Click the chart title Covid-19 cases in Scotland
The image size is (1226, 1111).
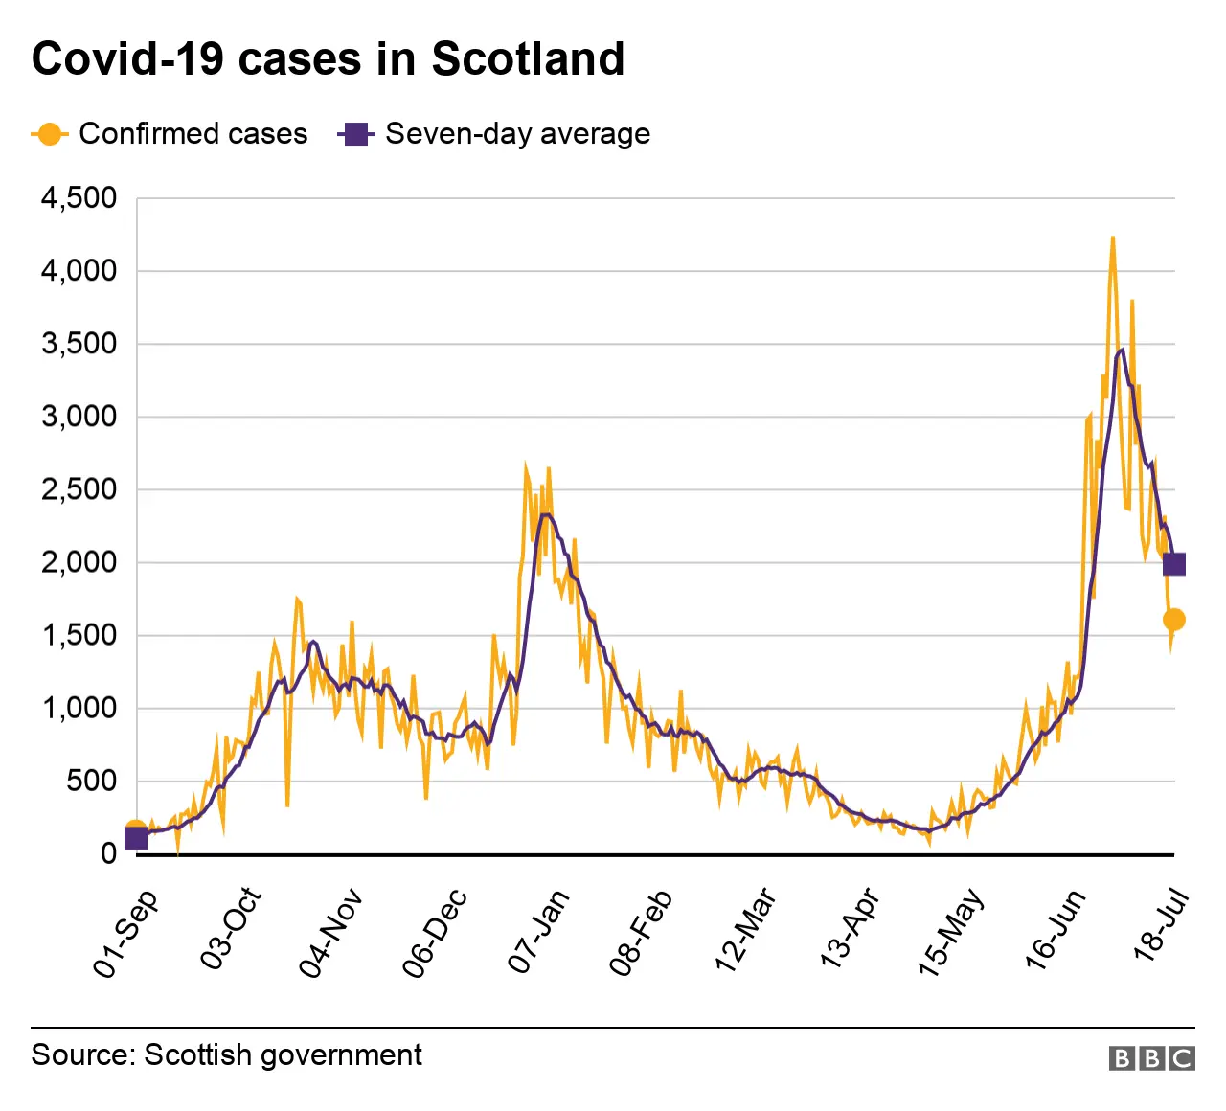[328, 59]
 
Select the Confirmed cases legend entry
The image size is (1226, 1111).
[170, 134]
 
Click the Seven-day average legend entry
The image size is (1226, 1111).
[494, 134]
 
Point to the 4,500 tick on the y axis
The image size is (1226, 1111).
[79, 198]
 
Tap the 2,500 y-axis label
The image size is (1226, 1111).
[79, 489]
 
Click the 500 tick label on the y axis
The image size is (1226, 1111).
[91, 781]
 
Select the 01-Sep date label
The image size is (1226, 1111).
[125, 933]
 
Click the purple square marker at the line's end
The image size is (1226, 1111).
[1174, 564]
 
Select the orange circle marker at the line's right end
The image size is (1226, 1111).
[1174, 620]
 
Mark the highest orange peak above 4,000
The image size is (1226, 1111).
[1112, 238]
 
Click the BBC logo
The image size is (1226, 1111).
[1151, 1057]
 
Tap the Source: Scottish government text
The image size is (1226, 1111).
[226, 1054]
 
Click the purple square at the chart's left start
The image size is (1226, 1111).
[136, 838]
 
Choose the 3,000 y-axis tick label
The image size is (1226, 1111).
[79, 417]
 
